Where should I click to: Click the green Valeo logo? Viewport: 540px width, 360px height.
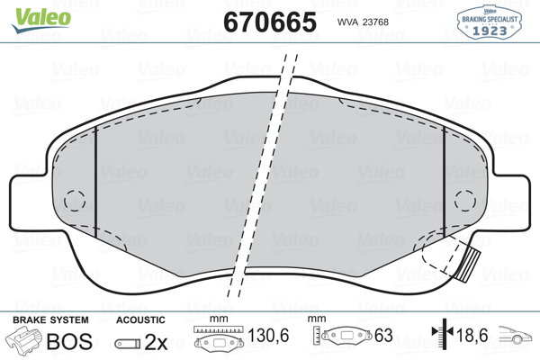coord(41,20)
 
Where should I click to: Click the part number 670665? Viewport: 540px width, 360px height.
coord(270,22)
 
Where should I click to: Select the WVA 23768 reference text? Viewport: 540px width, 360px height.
coord(363,22)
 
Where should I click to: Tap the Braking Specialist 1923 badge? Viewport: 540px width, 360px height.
coord(489,22)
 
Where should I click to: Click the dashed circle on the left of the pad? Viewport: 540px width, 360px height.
coord(75,200)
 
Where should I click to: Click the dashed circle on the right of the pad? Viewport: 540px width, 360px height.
coord(465,200)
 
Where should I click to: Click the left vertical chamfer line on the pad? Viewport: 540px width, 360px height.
coord(95,182)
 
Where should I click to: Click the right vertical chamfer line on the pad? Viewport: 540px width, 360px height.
coord(445,182)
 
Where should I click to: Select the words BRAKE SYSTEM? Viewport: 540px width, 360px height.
coord(50,320)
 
